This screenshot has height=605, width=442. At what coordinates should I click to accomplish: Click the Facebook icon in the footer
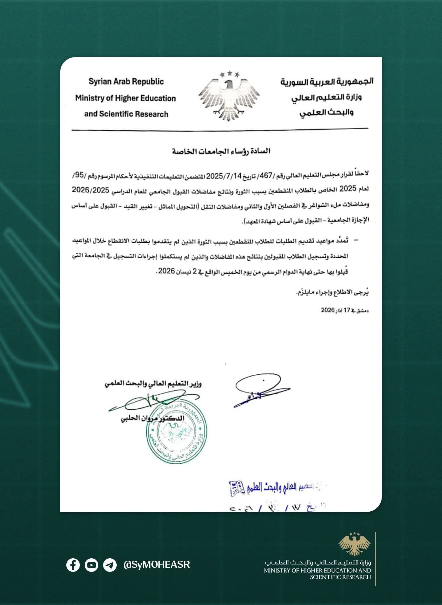73,565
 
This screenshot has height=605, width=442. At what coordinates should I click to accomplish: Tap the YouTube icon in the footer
91,565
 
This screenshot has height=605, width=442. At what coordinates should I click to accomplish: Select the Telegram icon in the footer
110,565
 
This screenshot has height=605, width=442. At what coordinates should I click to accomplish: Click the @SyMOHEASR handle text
157,564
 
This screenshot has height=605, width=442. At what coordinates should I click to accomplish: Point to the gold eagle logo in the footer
355,544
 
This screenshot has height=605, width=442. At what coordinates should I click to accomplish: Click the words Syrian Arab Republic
126,82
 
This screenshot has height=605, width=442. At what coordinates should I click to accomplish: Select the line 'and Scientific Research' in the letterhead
126,114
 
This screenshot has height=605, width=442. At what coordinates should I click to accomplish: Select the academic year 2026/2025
91,190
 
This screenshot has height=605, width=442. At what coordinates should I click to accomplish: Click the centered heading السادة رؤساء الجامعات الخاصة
221,151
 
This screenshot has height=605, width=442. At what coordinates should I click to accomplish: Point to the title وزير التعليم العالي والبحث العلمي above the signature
153,384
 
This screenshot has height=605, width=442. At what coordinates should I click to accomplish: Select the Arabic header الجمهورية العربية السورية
327,82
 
